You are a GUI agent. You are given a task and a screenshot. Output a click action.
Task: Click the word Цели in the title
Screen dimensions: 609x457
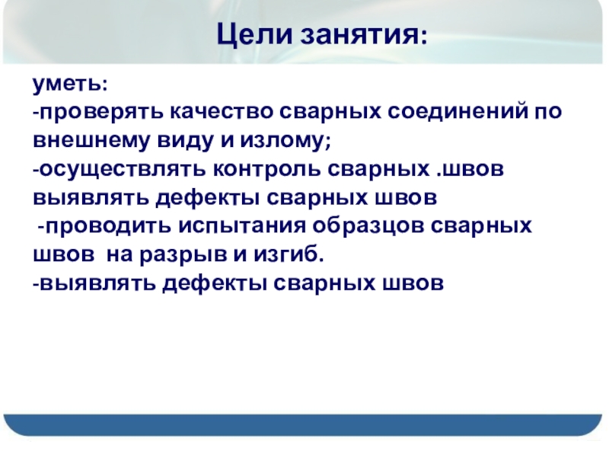pyautogui.click(x=254, y=35)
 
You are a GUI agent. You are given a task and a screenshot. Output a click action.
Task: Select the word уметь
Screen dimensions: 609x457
pyautogui.click(x=66, y=85)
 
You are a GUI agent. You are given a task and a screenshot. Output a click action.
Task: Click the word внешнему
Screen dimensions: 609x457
pyautogui.click(x=91, y=141)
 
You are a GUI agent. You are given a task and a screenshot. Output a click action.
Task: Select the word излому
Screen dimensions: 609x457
pyautogui.click(x=282, y=141)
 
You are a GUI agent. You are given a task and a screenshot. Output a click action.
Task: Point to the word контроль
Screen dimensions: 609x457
pyautogui.click(x=266, y=169)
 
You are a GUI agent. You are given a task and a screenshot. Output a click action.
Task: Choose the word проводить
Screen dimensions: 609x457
pyautogui.click(x=108, y=226)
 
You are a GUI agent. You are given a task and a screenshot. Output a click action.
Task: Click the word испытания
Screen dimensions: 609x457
pyautogui.click(x=242, y=226)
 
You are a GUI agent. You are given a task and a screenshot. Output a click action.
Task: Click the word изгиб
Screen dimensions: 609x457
pyautogui.click(x=285, y=255)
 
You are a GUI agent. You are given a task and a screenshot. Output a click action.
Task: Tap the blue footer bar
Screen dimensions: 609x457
pyautogui.click(x=303, y=425)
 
